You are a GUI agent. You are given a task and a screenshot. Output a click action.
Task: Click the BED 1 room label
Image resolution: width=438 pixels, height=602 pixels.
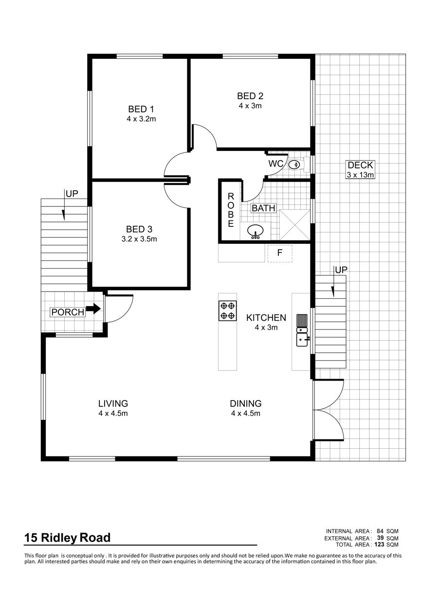click(141, 109)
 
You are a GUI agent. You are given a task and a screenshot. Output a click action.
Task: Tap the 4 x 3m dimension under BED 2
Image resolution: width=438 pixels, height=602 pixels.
click(250, 106)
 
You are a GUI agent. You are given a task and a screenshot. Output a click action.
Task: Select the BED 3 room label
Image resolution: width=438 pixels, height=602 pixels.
click(139, 229)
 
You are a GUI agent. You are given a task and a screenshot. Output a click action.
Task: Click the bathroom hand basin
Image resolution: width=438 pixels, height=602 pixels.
click(255, 232)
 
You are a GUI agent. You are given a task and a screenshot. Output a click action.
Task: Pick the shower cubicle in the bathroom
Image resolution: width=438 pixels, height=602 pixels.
click(295, 225)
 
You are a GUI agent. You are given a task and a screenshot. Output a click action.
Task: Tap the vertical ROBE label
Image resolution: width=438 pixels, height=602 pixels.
click(231, 210)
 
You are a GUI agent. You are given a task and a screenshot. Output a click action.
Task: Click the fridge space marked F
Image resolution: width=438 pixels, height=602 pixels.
click(280, 253)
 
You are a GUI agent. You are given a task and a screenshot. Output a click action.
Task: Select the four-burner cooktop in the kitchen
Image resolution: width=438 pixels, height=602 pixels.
click(228, 310)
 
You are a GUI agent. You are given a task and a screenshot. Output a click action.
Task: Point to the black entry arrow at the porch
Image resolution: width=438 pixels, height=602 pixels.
click(93, 309)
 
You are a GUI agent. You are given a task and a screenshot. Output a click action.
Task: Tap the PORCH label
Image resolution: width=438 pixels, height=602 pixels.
click(68, 312)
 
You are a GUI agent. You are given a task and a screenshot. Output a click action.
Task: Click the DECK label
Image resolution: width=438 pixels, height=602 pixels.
click(360, 165)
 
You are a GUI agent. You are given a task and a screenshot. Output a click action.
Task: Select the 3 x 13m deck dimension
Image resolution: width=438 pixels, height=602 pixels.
click(360, 175)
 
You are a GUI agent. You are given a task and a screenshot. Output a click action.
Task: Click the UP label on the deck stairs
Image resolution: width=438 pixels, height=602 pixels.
click(341, 270)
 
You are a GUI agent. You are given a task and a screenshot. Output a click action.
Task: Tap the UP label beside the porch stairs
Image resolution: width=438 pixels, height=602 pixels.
click(72, 194)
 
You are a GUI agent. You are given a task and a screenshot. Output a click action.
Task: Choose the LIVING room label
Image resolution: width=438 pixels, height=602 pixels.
click(113, 403)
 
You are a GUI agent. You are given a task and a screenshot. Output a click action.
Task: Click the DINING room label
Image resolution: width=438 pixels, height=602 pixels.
click(246, 403)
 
